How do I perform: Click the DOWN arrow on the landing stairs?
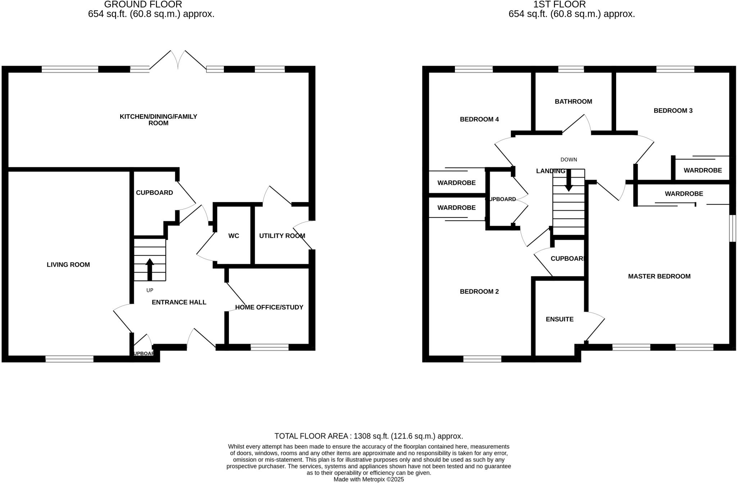(569, 180)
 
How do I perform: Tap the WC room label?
(234, 236)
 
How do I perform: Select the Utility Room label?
(282, 236)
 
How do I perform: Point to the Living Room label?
(68, 265)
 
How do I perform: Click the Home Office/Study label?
(269, 307)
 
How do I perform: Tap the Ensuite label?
(560, 319)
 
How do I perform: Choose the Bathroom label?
(573, 101)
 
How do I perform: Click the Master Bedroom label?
(659, 276)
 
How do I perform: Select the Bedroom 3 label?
(673, 110)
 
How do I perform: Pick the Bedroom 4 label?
(479, 119)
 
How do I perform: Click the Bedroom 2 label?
(479, 291)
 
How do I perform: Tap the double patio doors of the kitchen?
(178, 60)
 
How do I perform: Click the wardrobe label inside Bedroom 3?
(702, 170)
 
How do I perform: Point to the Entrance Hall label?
(179, 302)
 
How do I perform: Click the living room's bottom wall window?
(69, 359)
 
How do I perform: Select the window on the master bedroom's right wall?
(732, 228)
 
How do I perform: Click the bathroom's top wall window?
(571, 69)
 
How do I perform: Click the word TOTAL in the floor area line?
(286, 436)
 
